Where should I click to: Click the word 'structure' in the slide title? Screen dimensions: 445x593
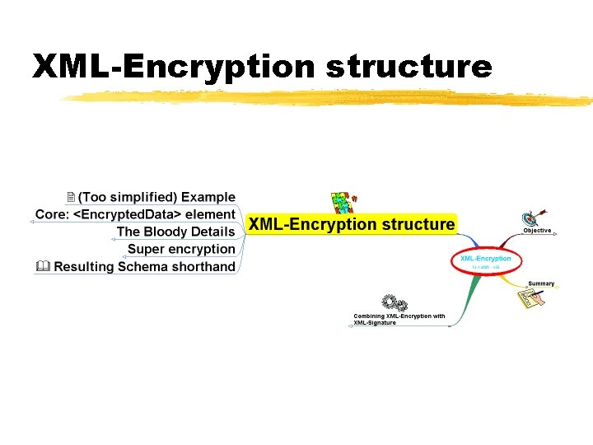(409, 67)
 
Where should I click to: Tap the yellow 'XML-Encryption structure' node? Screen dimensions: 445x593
(351, 224)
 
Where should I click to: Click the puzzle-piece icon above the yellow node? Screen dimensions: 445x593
(341, 202)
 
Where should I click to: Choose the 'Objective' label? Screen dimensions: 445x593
(537, 231)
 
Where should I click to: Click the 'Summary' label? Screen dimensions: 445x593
(541, 283)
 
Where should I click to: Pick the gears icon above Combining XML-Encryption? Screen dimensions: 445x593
(394, 303)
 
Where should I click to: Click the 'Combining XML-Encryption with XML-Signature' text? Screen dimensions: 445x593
(399, 319)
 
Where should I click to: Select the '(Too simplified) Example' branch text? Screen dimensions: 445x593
(156, 197)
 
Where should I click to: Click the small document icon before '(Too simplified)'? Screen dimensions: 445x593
(71, 197)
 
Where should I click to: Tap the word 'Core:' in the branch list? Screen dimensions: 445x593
(53, 214)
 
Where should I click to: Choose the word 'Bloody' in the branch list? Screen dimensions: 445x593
(166, 232)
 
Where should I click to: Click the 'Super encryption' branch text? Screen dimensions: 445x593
(181, 249)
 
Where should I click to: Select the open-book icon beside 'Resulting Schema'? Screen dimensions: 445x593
(43, 266)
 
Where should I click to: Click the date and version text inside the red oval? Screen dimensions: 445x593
(485, 267)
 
